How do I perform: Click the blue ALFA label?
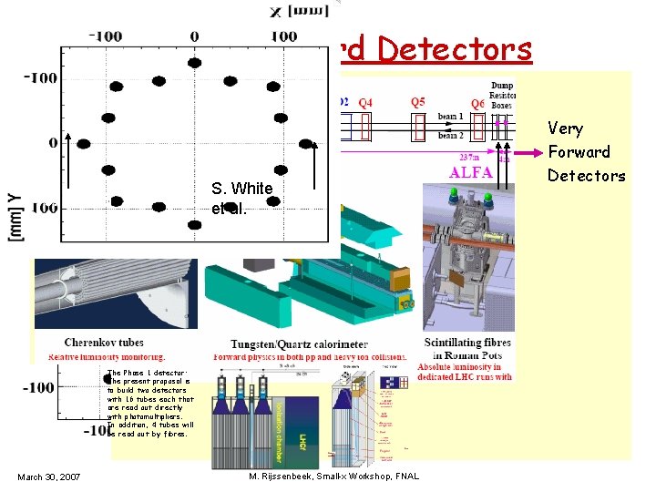(x=470, y=171)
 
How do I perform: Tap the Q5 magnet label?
(x=418, y=102)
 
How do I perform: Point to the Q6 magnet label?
(x=477, y=104)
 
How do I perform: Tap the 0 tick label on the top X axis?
(x=194, y=36)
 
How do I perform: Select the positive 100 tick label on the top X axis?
(x=284, y=36)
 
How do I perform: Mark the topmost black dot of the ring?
(x=194, y=63)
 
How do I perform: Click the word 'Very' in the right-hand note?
(x=566, y=128)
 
